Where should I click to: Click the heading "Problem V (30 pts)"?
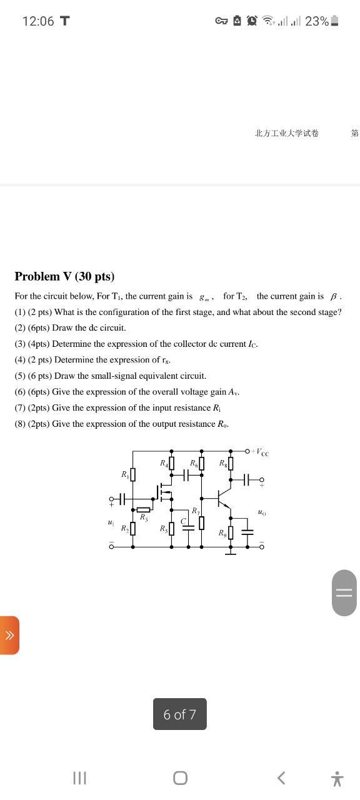(x=64, y=276)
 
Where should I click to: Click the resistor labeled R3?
(x=143, y=509)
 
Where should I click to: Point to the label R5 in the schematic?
(x=164, y=529)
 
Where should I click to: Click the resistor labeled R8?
(x=231, y=463)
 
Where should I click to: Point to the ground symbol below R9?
(x=231, y=551)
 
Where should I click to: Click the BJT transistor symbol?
(x=222, y=498)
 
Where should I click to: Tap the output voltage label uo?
(x=261, y=512)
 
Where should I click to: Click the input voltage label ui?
(x=111, y=522)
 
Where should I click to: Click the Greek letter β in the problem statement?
(x=333, y=296)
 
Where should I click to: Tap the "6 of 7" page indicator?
(x=179, y=714)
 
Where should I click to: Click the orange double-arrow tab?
(x=9, y=635)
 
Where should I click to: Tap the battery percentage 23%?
(x=316, y=21)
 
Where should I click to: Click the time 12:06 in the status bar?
(x=38, y=21)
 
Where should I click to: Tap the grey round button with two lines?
(x=344, y=592)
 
